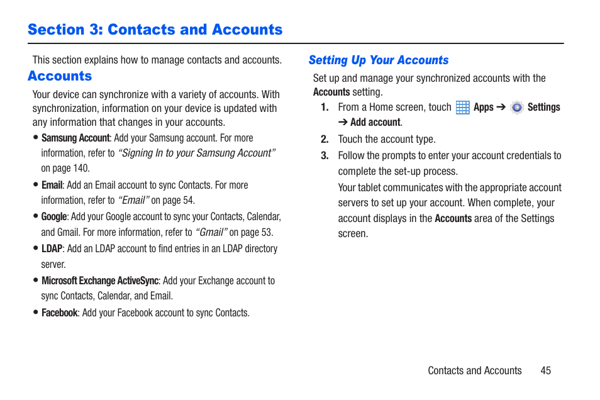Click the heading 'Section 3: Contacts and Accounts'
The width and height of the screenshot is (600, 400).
(155, 30)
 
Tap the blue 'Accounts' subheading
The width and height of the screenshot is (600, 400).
(60, 76)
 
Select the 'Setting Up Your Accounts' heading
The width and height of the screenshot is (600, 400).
(378, 60)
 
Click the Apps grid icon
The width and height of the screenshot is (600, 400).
(463, 108)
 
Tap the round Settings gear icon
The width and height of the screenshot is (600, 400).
(517, 108)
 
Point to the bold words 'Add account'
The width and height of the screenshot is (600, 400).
(375, 123)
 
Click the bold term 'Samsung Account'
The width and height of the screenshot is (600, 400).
(75, 138)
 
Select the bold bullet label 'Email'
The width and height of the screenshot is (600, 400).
(52, 185)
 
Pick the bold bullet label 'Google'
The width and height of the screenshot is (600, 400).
(54, 216)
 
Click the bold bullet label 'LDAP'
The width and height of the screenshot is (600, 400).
(52, 248)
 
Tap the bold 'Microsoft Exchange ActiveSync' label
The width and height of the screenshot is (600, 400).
(100, 281)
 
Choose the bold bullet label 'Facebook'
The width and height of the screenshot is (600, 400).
(60, 313)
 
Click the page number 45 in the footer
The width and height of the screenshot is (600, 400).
(545, 370)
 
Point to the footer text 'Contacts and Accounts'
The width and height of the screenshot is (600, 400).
(475, 370)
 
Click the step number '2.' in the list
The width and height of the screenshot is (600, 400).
(325, 140)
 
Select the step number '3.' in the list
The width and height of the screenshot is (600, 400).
(325, 156)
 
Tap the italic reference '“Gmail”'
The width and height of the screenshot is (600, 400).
(211, 232)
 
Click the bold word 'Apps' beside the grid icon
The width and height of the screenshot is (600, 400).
(484, 108)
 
